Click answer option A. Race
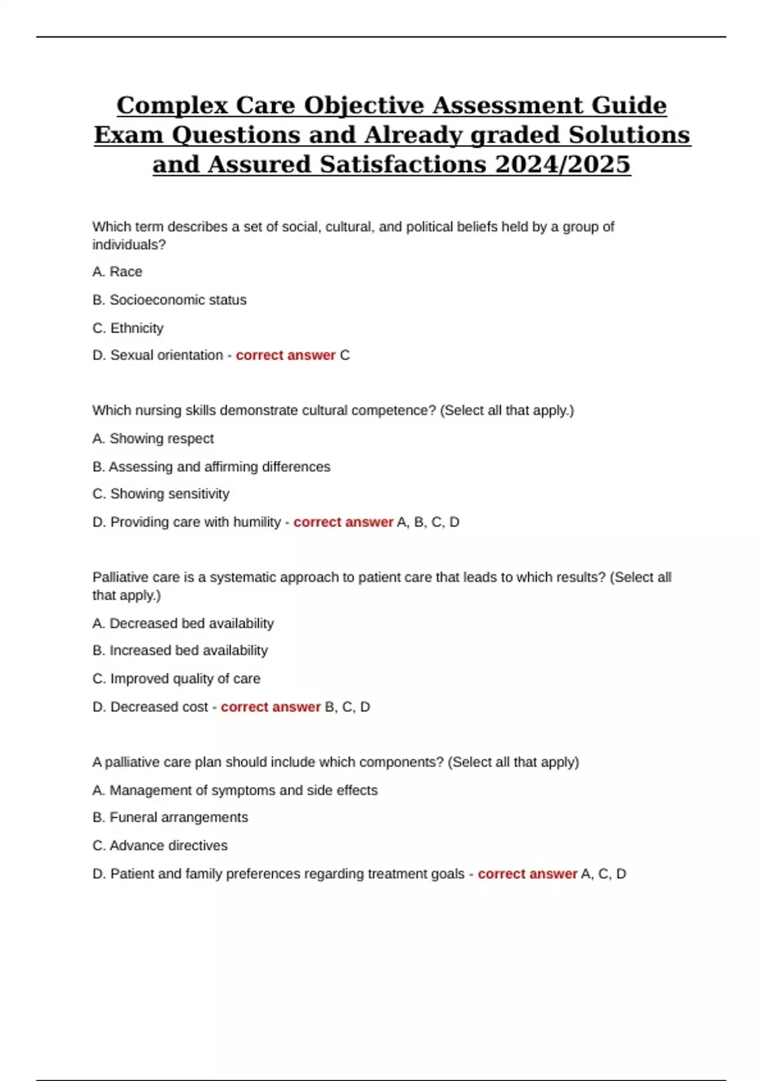pos(117,272)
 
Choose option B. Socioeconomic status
pos(169,300)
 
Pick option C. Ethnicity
pos(128,328)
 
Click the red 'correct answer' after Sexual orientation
pos(285,355)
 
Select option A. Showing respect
pos(153,438)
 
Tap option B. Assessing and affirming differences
pos(211,467)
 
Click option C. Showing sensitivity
pos(160,493)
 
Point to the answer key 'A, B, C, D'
pos(428,522)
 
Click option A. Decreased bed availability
pos(183,623)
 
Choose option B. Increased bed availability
pos(180,651)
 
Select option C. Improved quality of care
pos(176,678)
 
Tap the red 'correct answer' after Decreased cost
pos(271,706)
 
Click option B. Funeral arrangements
pos(170,817)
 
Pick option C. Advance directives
pos(160,845)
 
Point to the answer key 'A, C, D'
pos(603,874)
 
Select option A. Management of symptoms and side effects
pos(235,790)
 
